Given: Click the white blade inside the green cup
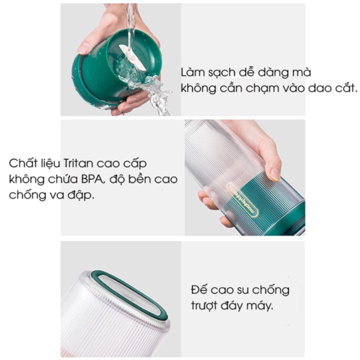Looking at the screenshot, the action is pyautogui.click(x=132, y=57).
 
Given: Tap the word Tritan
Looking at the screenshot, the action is pyautogui.click(x=78, y=163).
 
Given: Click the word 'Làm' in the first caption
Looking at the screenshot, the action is pyautogui.click(x=192, y=72).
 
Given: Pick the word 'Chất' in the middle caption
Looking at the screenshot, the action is pyautogui.click(x=23, y=163).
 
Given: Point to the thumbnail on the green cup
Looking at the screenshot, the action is pyautogui.click(x=83, y=48).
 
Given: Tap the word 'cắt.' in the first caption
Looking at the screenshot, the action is pyautogui.click(x=346, y=88).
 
